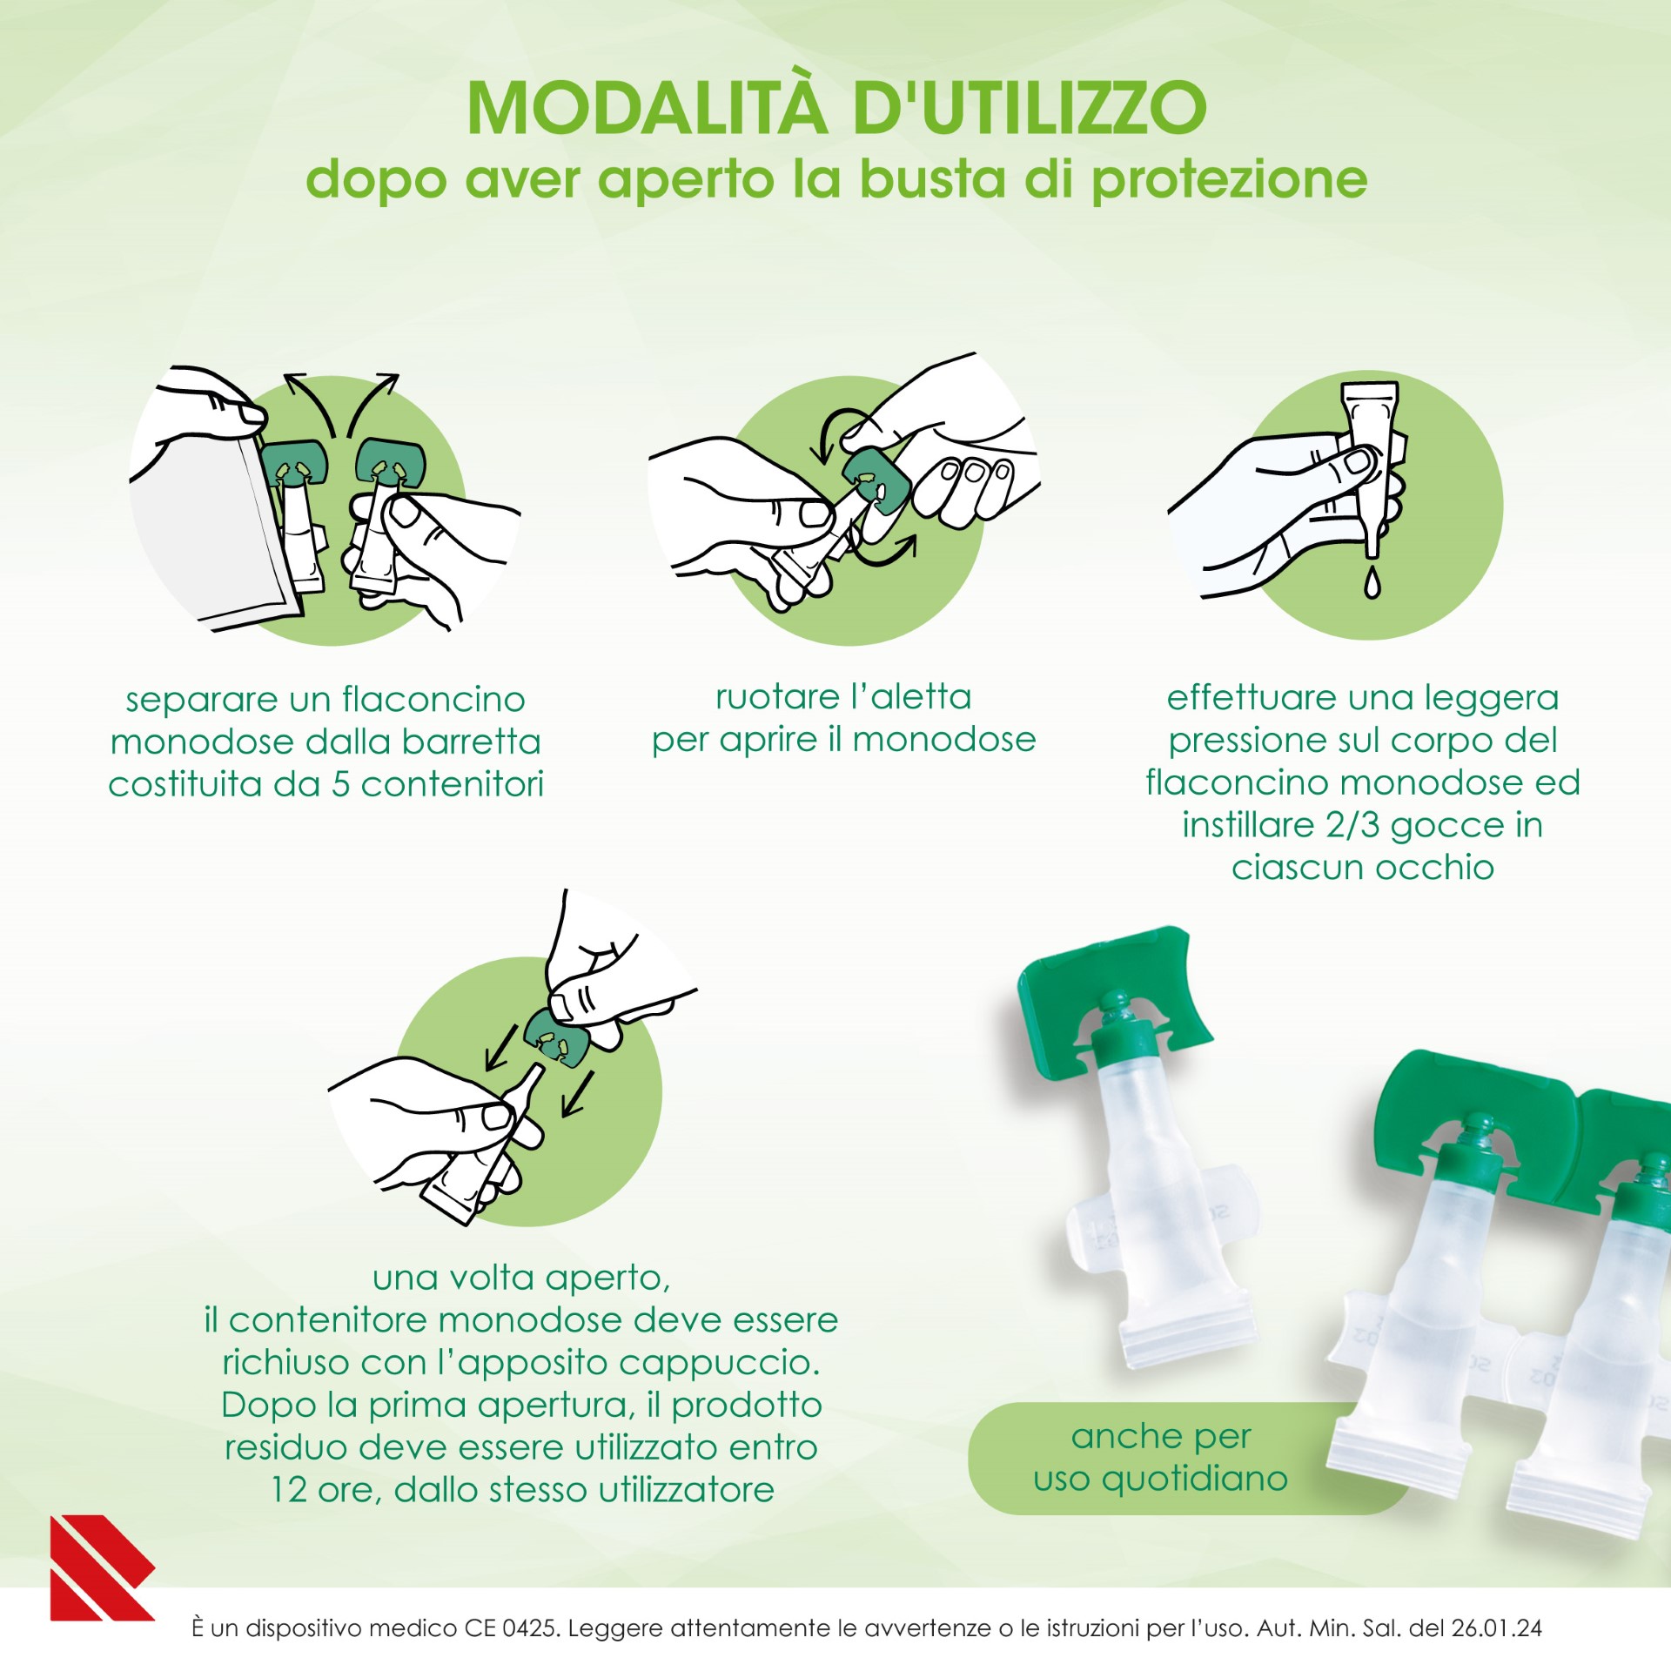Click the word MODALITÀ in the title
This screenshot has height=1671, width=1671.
pos(646,109)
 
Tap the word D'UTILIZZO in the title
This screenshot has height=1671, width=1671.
pos(1029,109)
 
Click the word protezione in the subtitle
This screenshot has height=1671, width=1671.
pos(1229,180)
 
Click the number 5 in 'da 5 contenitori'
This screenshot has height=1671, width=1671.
pos(340,784)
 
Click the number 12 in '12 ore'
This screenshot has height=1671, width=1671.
pos(288,1490)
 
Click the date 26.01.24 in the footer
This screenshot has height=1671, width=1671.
pos(1497,1627)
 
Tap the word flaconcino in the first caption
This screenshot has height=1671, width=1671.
pos(433,700)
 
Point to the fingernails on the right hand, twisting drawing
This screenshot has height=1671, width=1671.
pos(975,475)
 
